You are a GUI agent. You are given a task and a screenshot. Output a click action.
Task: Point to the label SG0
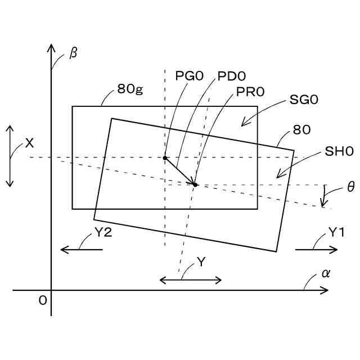click(x=304, y=100)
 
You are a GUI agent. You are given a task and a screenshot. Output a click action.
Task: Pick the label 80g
click(x=130, y=89)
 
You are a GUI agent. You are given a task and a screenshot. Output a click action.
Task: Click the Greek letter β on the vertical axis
click(x=73, y=55)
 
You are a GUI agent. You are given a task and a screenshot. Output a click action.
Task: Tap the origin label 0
click(x=42, y=301)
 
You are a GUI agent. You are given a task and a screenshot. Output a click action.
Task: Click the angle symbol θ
click(x=350, y=187)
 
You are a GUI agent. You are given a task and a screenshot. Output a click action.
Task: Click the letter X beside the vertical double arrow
click(x=29, y=143)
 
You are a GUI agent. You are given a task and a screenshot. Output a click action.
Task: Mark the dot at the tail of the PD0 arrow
click(x=165, y=158)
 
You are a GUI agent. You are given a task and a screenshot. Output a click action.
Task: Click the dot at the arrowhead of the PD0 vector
click(x=195, y=184)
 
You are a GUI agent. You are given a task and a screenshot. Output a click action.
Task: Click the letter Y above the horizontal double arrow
click(x=201, y=263)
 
